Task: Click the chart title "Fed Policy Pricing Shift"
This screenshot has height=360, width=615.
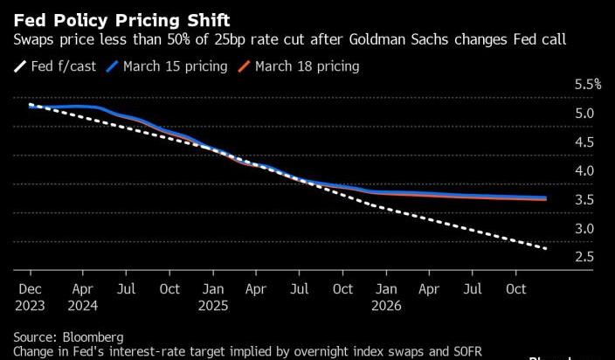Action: point(121,20)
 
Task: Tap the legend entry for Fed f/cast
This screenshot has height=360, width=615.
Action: point(55,66)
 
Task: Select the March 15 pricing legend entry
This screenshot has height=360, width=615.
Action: point(167,66)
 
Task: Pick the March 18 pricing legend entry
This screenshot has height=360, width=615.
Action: point(299,66)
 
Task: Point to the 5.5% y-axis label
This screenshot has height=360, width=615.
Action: point(588,84)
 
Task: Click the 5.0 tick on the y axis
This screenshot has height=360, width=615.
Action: point(584,114)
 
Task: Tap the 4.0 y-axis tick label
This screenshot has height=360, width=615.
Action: point(584,171)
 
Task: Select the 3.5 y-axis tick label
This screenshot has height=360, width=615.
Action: point(584,200)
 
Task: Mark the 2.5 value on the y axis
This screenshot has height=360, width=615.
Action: point(584,257)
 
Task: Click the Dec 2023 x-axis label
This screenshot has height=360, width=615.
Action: point(31,297)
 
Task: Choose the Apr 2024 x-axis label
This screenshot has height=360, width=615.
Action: point(83,297)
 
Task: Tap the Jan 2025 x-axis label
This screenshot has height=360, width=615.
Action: point(213,297)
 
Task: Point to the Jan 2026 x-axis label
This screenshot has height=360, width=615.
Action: point(386,297)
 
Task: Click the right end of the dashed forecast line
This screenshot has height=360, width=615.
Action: point(546,248)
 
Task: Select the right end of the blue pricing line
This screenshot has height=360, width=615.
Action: point(546,197)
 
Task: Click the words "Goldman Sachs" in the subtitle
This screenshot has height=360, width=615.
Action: point(398,39)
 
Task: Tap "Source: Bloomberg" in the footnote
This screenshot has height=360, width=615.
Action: point(68,337)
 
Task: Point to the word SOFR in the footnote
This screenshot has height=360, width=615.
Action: point(467,351)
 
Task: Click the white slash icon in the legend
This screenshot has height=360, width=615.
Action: point(19,66)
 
